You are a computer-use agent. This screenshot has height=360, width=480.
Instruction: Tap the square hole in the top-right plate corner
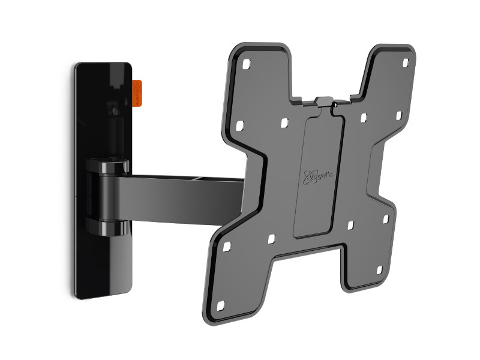pos(405,63)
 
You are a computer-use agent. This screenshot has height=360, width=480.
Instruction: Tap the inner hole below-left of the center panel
pos(271,239)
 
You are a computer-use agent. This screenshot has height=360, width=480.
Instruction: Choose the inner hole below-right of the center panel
pos(350,226)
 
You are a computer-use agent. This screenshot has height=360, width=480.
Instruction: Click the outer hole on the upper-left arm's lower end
pos(239,126)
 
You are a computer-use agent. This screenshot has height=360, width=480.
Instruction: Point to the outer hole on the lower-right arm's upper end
pos(386,220)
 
